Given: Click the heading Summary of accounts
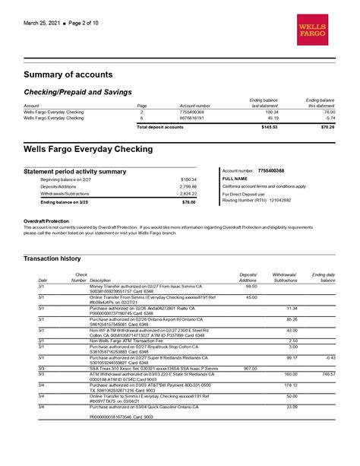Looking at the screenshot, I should (72, 74).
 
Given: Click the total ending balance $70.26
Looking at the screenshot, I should (327, 127).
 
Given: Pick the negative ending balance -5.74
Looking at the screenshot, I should (330, 118).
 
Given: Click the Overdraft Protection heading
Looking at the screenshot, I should (50, 220).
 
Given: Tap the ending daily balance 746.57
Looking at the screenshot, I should (328, 374).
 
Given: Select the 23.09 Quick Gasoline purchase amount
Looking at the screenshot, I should (292, 407).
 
